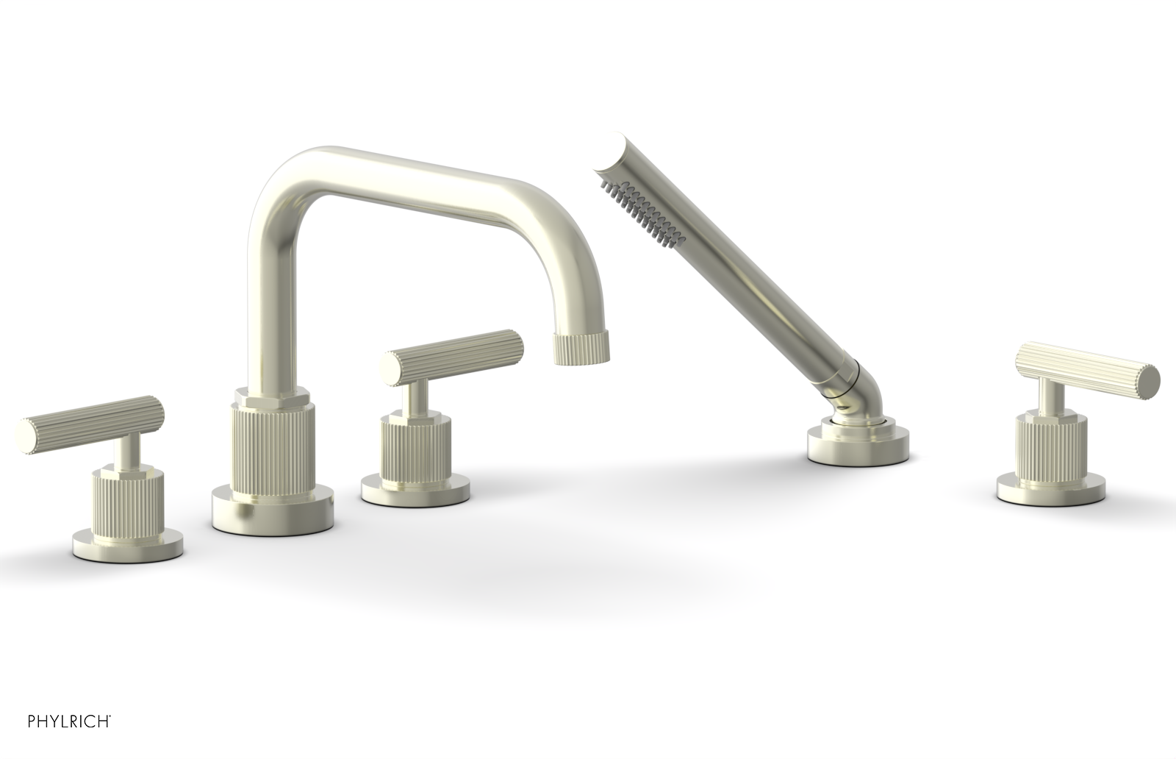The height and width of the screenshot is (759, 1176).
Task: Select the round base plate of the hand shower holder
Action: [858, 444]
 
